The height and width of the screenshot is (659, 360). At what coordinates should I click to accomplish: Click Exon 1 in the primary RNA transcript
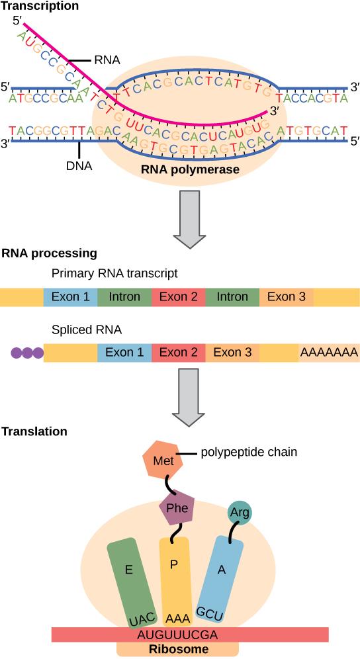point(69,297)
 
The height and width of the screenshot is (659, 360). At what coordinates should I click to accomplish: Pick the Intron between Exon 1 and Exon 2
point(124,297)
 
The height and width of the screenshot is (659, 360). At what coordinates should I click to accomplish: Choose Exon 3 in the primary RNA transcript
point(286,297)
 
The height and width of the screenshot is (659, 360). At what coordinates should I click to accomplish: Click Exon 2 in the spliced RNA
point(178,353)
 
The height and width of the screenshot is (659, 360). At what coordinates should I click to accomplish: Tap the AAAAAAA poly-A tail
point(329,353)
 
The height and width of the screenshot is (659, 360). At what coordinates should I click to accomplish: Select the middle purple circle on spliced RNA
point(27,353)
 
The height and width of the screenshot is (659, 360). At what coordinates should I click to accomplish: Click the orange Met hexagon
point(163,459)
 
